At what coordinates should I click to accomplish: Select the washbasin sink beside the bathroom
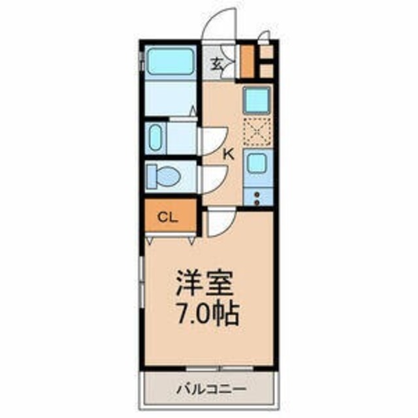coord(157,138)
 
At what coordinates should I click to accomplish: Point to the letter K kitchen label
coord(229,155)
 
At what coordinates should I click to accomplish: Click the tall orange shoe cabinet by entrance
coord(248,61)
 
